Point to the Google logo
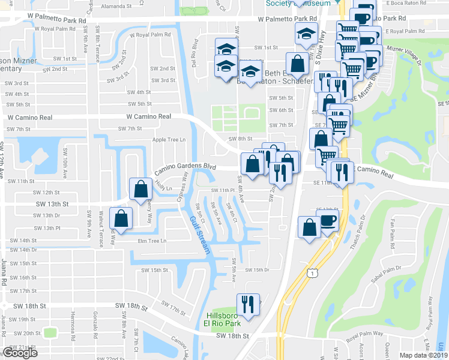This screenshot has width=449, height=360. (x=20, y=352)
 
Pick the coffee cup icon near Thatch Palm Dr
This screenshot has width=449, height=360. (x=328, y=221)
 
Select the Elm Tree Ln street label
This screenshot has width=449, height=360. (x=151, y=241)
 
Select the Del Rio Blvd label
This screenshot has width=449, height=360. (x=194, y=53)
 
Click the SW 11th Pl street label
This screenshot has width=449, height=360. (x=221, y=190)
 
